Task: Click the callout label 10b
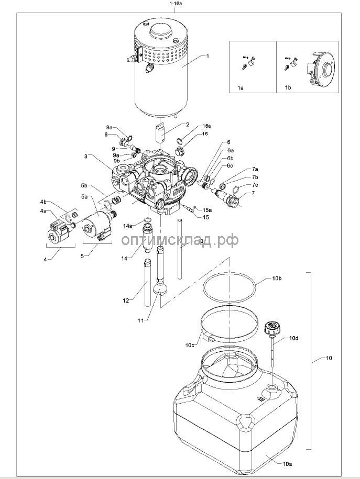click(x=277, y=279)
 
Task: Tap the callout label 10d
click(x=293, y=338)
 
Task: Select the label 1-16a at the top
click(x=175, y=4)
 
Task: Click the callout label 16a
click(x=207, y=126)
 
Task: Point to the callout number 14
click(x=124, y=258)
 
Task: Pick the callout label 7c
click(x=255, y=185)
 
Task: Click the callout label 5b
click(x=84, y=185)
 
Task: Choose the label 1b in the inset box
click(x=288, y=87)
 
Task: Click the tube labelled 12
click(x=147, y=282)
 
